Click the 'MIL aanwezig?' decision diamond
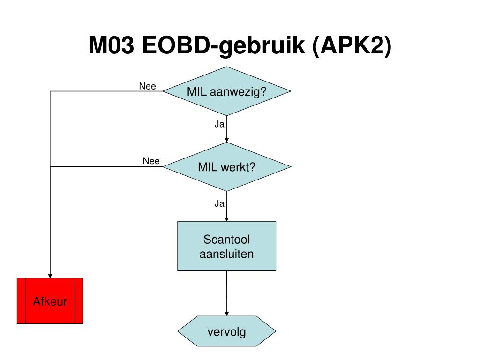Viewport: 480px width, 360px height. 227,91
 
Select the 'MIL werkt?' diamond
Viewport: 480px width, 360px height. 227,167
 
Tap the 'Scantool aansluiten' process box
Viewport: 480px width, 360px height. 227,246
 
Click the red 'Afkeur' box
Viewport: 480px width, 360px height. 50,301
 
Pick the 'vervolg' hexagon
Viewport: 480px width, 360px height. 227,331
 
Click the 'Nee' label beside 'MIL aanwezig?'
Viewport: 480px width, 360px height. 148,86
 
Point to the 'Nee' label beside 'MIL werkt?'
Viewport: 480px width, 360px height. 151,161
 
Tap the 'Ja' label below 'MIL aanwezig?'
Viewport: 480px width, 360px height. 219,124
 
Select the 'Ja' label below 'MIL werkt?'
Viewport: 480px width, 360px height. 219,203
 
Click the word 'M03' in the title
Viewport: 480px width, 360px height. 112,45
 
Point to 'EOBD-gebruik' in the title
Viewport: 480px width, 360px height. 224,46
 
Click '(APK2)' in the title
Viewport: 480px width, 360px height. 352,46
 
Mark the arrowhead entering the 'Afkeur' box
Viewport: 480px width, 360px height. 50,276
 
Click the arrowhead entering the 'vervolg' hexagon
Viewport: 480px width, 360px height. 227,314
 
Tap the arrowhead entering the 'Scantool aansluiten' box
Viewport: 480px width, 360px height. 227,219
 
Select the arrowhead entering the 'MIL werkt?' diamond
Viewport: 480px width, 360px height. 227,140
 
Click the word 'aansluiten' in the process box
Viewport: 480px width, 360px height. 226,254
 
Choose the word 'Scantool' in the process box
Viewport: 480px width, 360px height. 227,240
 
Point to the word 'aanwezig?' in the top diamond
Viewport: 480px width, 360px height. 238,92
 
